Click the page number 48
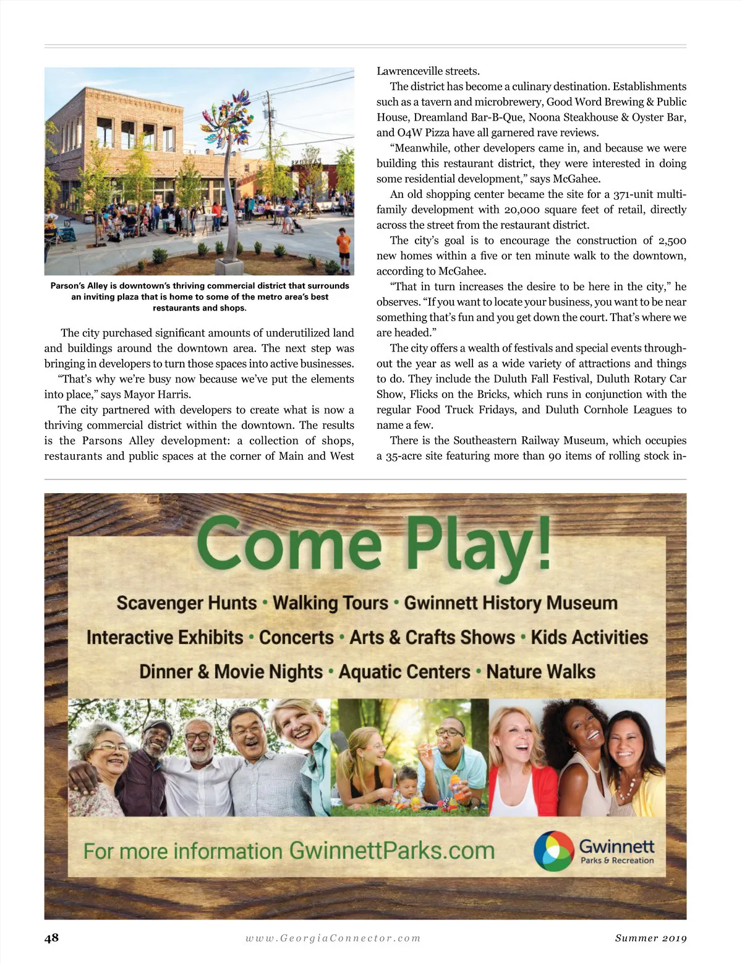click(51, 937)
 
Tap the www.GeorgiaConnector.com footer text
click(333, 938)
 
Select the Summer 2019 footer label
click(650, 938)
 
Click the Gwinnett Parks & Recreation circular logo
click(554, 851)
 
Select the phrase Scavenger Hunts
click(186, 603)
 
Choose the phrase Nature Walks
click(541, 671)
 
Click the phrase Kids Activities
click(589, 637)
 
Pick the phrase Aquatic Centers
click(404, 671)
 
